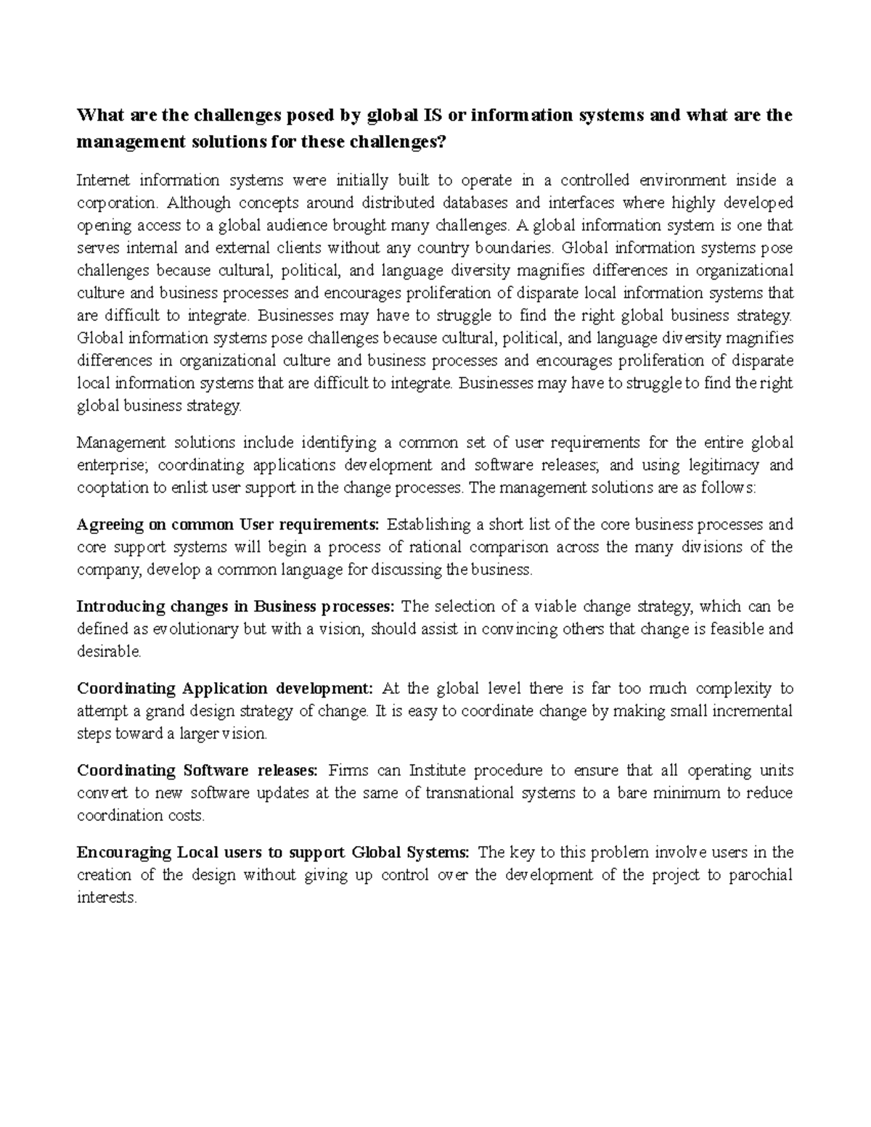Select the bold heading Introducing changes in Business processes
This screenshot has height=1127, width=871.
(236, 607)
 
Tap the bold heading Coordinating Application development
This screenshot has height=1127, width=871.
(225, 689)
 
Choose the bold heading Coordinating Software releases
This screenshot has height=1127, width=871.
(197, 771)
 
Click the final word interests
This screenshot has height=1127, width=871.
(106, 898)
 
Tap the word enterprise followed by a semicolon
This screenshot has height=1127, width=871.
(111, 465)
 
